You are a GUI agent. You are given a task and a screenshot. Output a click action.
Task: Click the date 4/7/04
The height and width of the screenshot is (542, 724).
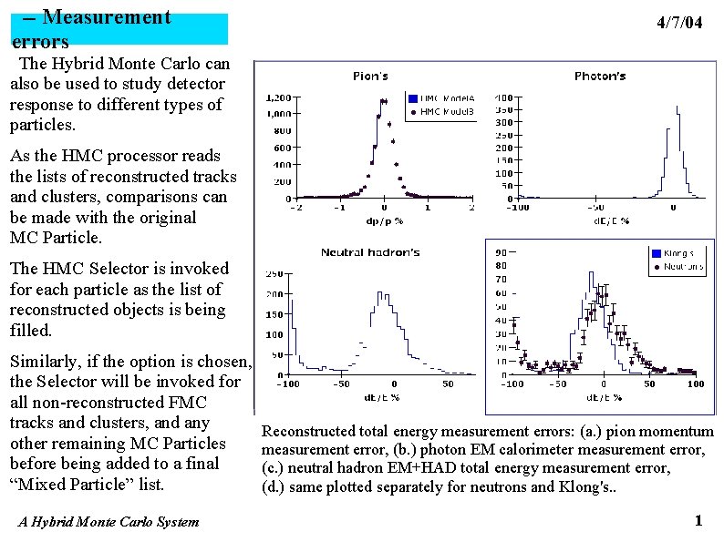coord(679,24)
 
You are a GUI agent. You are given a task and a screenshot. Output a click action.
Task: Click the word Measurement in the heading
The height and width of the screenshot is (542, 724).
coord(107,17)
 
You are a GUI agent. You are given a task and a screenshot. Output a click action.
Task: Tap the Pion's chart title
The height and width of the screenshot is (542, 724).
coord(370,77)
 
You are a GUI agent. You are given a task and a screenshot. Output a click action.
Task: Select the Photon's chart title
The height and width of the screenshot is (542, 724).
coord(599,77)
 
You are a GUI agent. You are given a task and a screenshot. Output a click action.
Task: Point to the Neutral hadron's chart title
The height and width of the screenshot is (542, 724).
coord(369,252)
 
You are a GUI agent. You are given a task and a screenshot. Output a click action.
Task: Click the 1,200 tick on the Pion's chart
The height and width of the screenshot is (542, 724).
coord(277,97)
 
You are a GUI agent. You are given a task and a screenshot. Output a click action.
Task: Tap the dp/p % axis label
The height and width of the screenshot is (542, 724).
coord(384,220)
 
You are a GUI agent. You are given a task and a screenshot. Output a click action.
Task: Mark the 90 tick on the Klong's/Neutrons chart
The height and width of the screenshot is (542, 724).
coord(501,252)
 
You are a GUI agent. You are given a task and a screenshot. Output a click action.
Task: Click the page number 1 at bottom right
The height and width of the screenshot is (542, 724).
coord(698,521)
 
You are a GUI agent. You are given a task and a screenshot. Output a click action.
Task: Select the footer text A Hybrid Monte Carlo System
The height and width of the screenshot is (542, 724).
coord(108,522)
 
